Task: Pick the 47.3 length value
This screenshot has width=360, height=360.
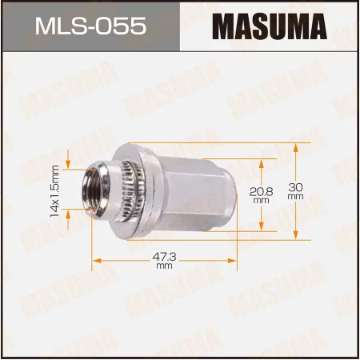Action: pos(165,256)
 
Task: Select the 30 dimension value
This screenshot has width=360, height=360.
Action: pos(295,186)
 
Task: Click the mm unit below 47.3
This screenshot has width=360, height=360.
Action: pos(165,266)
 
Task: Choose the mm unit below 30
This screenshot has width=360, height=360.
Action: pos(295,196)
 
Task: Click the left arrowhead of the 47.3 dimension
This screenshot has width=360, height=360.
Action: pos(97,260)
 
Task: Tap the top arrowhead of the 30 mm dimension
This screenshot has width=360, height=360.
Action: pos(296,146)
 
